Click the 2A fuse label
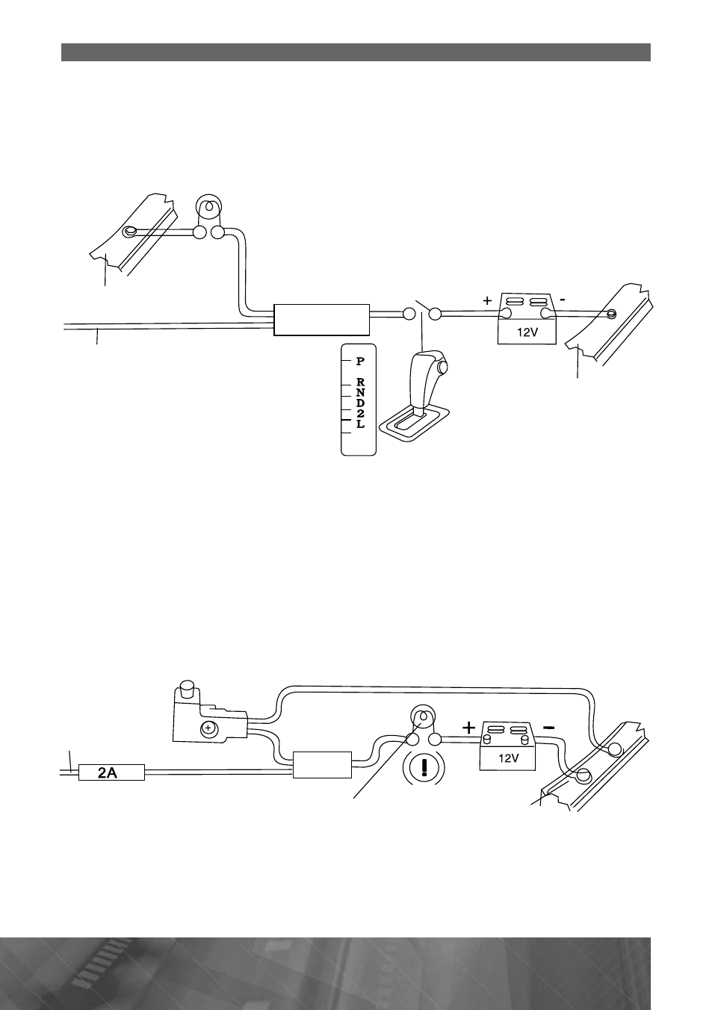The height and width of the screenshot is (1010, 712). point(108,773)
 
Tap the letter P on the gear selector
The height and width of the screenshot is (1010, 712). point(360,361)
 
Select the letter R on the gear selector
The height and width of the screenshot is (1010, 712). point(360,383)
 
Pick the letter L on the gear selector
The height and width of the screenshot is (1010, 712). point(360,424)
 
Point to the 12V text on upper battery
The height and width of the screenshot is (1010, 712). point(527,332)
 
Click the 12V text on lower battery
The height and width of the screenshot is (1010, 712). point(508,758)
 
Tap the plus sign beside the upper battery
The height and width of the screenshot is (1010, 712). point(487,301)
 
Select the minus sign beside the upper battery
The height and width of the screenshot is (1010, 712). point(562,300)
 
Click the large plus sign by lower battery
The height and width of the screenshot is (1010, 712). point(469,728)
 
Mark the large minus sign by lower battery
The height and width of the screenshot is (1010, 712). point(549,727)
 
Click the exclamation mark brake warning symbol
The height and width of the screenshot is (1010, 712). point(424,767)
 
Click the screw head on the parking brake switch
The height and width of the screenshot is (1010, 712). point(207,728)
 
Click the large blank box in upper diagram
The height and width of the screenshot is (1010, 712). point(321,320)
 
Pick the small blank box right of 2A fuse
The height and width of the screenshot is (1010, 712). point(322,765)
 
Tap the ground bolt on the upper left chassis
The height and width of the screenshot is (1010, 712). point(130,232)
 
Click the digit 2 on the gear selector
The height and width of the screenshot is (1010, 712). point(360,413)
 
